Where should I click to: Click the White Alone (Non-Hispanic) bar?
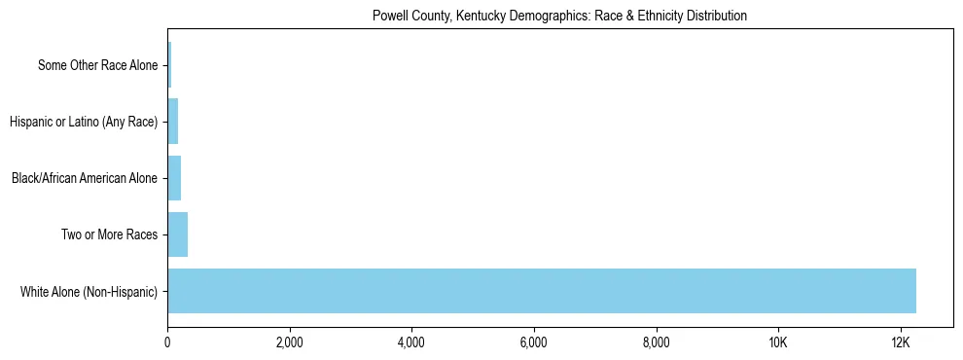(x=542, y=291)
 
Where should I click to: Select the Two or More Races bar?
(x=178, y=234)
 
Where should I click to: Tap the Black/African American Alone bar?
(x=174, y=178)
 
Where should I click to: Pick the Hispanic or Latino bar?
(x=173, y=122)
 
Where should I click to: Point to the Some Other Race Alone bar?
(x=169, y=65)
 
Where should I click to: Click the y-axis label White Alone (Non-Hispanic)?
(x=89, y=291)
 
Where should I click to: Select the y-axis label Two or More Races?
(x=109, y=234)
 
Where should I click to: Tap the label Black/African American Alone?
(x=84, y=178)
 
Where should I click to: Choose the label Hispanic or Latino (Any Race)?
(x=84, y=122)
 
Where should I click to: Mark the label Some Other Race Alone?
(x=97, y=65)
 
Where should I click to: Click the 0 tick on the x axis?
(x=167, y=342)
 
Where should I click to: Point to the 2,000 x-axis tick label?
(x=290, y=342)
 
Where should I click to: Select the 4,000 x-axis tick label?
(x=411, y=342)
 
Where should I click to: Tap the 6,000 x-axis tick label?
(x=534, y=342)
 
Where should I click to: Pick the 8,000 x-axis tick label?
(x=657, y=342)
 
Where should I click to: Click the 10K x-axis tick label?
(x=778, y=342)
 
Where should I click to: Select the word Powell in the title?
(x=389, y=17)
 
